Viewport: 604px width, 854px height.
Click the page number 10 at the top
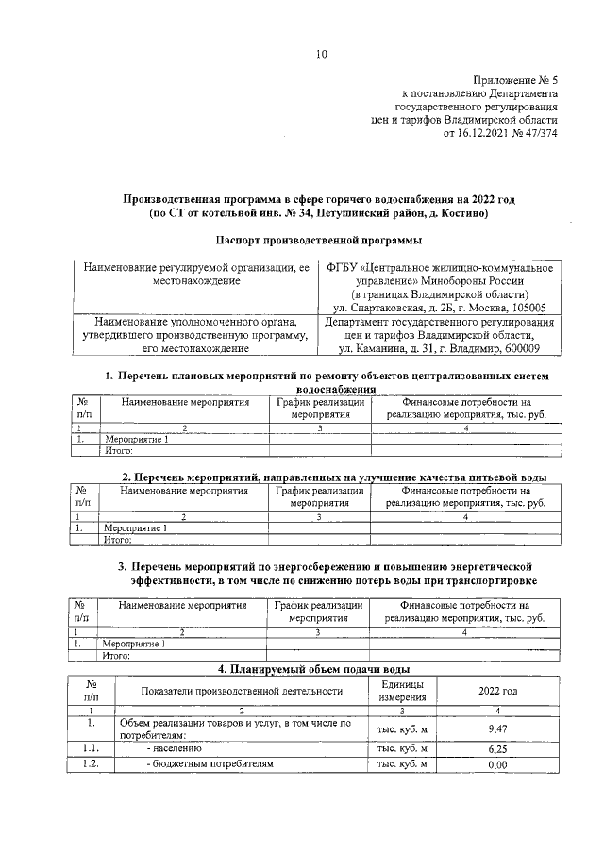point(321,54)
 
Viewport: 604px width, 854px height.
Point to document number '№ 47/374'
point(535,134)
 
